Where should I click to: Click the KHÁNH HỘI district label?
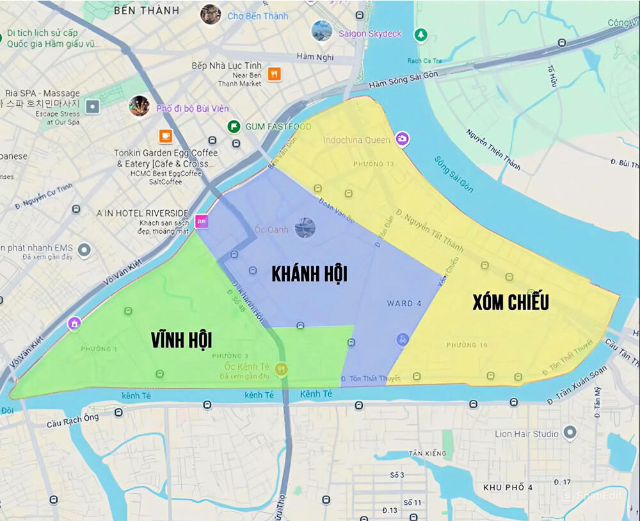309,274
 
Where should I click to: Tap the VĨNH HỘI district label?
181,340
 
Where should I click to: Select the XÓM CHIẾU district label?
510,302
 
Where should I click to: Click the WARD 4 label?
404,303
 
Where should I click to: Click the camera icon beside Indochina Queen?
402,138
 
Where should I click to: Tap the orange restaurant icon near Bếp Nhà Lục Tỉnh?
274,74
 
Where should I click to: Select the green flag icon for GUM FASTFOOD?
234,126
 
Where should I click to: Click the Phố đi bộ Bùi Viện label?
192,108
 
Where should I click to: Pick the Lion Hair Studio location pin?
570,434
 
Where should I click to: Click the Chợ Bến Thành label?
258,16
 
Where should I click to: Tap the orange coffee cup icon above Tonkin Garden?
166,136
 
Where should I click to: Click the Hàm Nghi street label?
315,57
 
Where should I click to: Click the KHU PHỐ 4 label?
508,488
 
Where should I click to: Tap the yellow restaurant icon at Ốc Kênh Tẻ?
281,369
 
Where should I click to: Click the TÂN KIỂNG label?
428,454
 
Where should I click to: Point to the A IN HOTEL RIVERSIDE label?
142,213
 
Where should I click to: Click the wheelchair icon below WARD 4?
402,339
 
